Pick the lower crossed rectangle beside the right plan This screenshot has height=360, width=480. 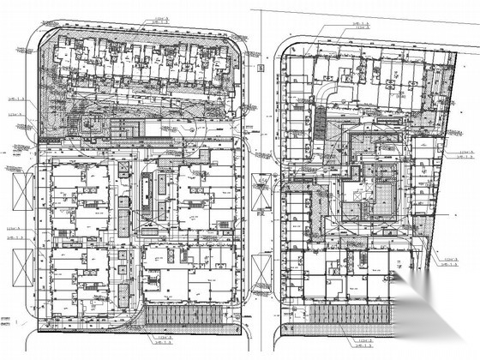click(270, 255)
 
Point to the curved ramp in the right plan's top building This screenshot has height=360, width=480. click(330, 91)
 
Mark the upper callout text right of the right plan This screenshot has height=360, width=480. click(464, 156)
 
